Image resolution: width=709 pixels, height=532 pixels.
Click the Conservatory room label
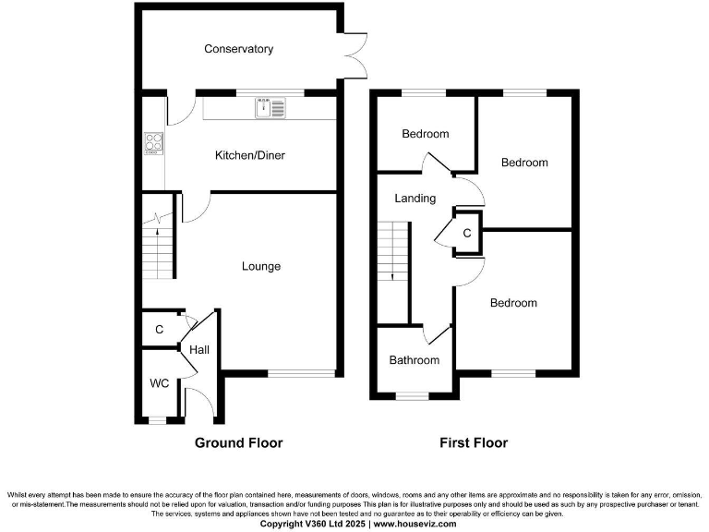[x=238, y=49]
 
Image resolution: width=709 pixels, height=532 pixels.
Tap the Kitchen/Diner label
[x=249, y=155]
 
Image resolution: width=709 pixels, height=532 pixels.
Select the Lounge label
[x=261, y=267]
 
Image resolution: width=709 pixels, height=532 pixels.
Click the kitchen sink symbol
[x=271, y=108]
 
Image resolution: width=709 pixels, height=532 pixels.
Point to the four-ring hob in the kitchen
[x=153, y=144]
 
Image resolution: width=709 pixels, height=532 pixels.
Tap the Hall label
[x=199, y=351]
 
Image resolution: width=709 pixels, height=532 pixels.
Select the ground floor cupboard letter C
[x=159, y=330]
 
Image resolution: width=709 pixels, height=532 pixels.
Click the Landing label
[x=415, y=199]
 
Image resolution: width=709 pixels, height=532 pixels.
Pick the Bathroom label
[x=414, y=360]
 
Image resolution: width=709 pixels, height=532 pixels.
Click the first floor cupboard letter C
[x=466, y=234]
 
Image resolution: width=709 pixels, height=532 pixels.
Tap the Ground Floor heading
[x=238, y=443]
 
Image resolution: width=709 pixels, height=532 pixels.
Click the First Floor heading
[x=472, y=443]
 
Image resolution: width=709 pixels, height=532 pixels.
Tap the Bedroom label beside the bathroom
[x=512, y=303]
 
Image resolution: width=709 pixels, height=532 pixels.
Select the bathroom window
[x=413, y=396]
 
